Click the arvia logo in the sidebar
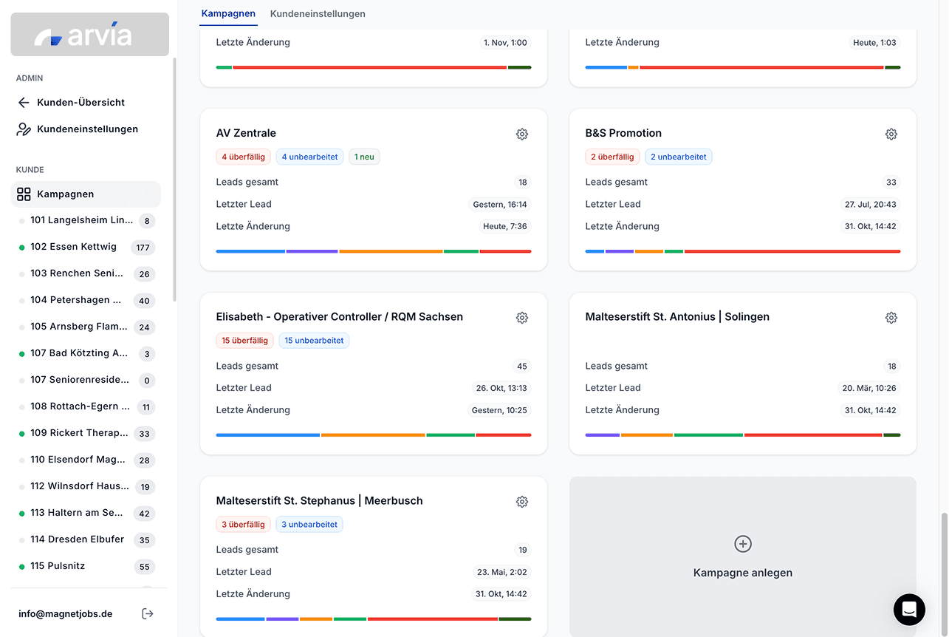(x=89, y=35)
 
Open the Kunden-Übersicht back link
(x=80, y=103)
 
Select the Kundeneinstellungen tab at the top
(x=318, y=14)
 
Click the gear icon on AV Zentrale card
(x=522, y=134)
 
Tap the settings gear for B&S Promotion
(x=891, y=134)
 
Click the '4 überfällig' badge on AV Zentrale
(x=243, y=157)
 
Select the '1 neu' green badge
(x=364, y=157)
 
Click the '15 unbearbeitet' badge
(x=314, y=341)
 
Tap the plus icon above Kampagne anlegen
(x=742, y=544)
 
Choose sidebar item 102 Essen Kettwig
(x=73, y=247)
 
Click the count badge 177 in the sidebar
(x=143, y=248)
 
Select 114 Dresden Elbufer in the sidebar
(x=77, y=539)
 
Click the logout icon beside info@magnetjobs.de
(x=148, y=613)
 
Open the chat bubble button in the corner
(x=909, y=610)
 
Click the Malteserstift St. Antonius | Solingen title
(x=677, y=317)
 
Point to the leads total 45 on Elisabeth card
(x=522, y=366)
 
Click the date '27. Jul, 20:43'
(x=871, y=205)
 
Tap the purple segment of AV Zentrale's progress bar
(x=312, y=251)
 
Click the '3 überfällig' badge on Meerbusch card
(x=243, y=525)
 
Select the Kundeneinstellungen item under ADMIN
(x=87, y=129)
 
